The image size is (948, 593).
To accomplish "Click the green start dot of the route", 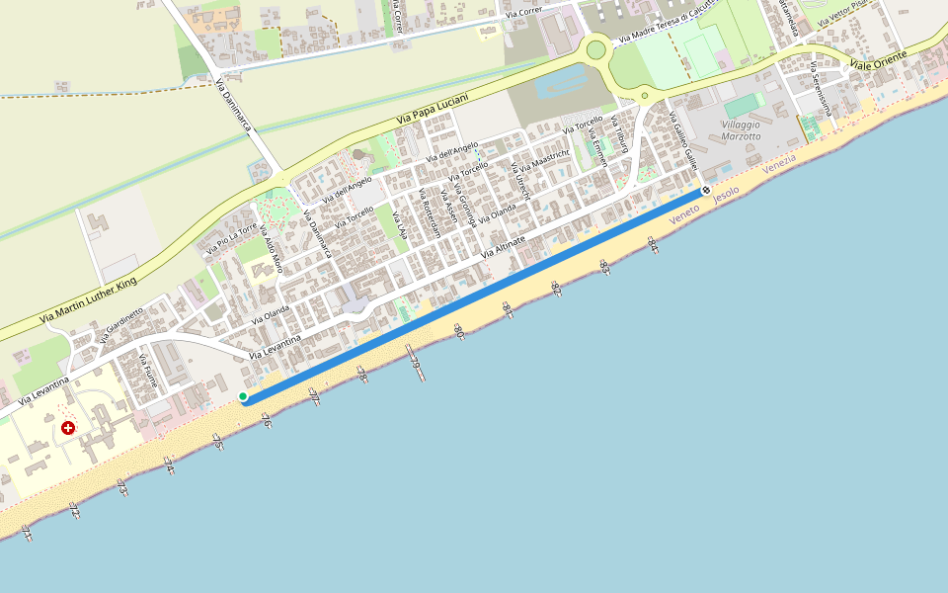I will tap(243, 396).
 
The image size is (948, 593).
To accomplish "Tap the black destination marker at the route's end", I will tap(706, 191).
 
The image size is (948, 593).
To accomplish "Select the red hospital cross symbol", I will tap(67, 428).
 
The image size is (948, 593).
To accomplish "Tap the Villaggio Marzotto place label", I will tap(741, 129).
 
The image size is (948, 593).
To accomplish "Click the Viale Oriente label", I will tap(877, 61).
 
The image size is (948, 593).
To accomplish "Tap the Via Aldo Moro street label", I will tap(271, 250).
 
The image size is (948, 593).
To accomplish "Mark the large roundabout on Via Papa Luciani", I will tap(595, 48).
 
